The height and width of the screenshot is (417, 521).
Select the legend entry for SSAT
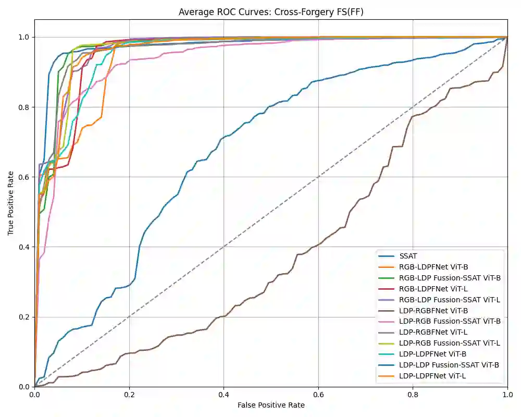click(x=409, y=256)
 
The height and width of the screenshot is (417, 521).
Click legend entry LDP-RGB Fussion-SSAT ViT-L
click(x=450, y=343)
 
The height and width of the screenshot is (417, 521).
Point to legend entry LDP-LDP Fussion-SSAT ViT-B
click(x=449, y=365)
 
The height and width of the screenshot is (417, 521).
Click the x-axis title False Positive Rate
click(x=271, y=405)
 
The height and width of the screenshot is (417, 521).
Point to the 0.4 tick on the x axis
click(x=224, y=394)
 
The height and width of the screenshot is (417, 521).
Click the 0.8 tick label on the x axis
click(x=413, y=394)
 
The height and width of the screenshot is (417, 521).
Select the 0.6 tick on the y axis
click(x=24, y=177)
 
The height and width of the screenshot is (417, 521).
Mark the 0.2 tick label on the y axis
click(x=24, y=316)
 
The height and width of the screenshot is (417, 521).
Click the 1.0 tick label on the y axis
click(x=24, y=37)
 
